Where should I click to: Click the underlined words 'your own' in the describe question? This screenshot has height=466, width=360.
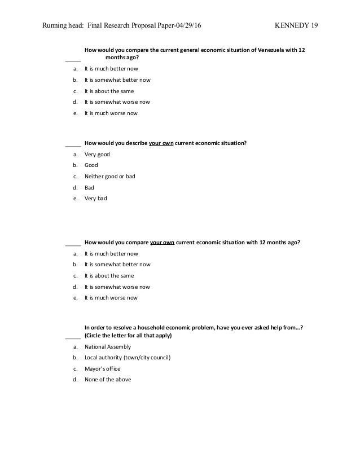(161, 143)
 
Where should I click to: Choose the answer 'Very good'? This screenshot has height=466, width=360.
(97, 154)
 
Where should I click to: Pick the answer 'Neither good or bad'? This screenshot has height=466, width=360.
(110, 176)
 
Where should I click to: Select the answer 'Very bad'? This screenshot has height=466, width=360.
(95, 199)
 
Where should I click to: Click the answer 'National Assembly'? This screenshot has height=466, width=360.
(107, 346)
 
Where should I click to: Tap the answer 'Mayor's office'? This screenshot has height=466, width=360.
(103, 368)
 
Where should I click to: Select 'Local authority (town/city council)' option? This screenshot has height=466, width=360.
(128, 358)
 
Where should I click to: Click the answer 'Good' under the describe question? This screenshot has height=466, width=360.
(91, 165)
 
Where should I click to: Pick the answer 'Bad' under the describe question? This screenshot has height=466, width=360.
(89, 187)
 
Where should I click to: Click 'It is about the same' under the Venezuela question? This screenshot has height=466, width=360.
(109, 91)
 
